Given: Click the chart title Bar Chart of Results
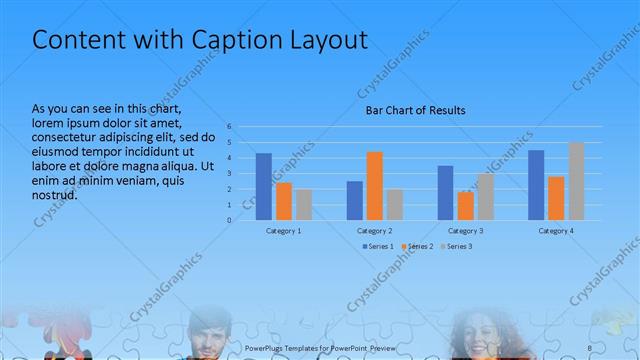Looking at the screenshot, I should click(414, 110).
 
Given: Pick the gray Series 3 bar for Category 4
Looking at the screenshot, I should click(576, 181).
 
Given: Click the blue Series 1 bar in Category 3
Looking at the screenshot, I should click(445, 193).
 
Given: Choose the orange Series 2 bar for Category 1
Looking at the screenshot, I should click(284, 201).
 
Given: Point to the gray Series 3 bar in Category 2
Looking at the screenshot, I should click(394, 204).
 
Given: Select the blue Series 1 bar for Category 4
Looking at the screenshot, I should click(536, 185).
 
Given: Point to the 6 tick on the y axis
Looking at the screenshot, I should click(229, 127).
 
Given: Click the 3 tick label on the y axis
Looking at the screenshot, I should click(229, 173).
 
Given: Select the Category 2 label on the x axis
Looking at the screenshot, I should click(374, 231).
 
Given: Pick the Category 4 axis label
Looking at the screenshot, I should click(556, 231).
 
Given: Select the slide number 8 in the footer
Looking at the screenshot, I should click(590, 346).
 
